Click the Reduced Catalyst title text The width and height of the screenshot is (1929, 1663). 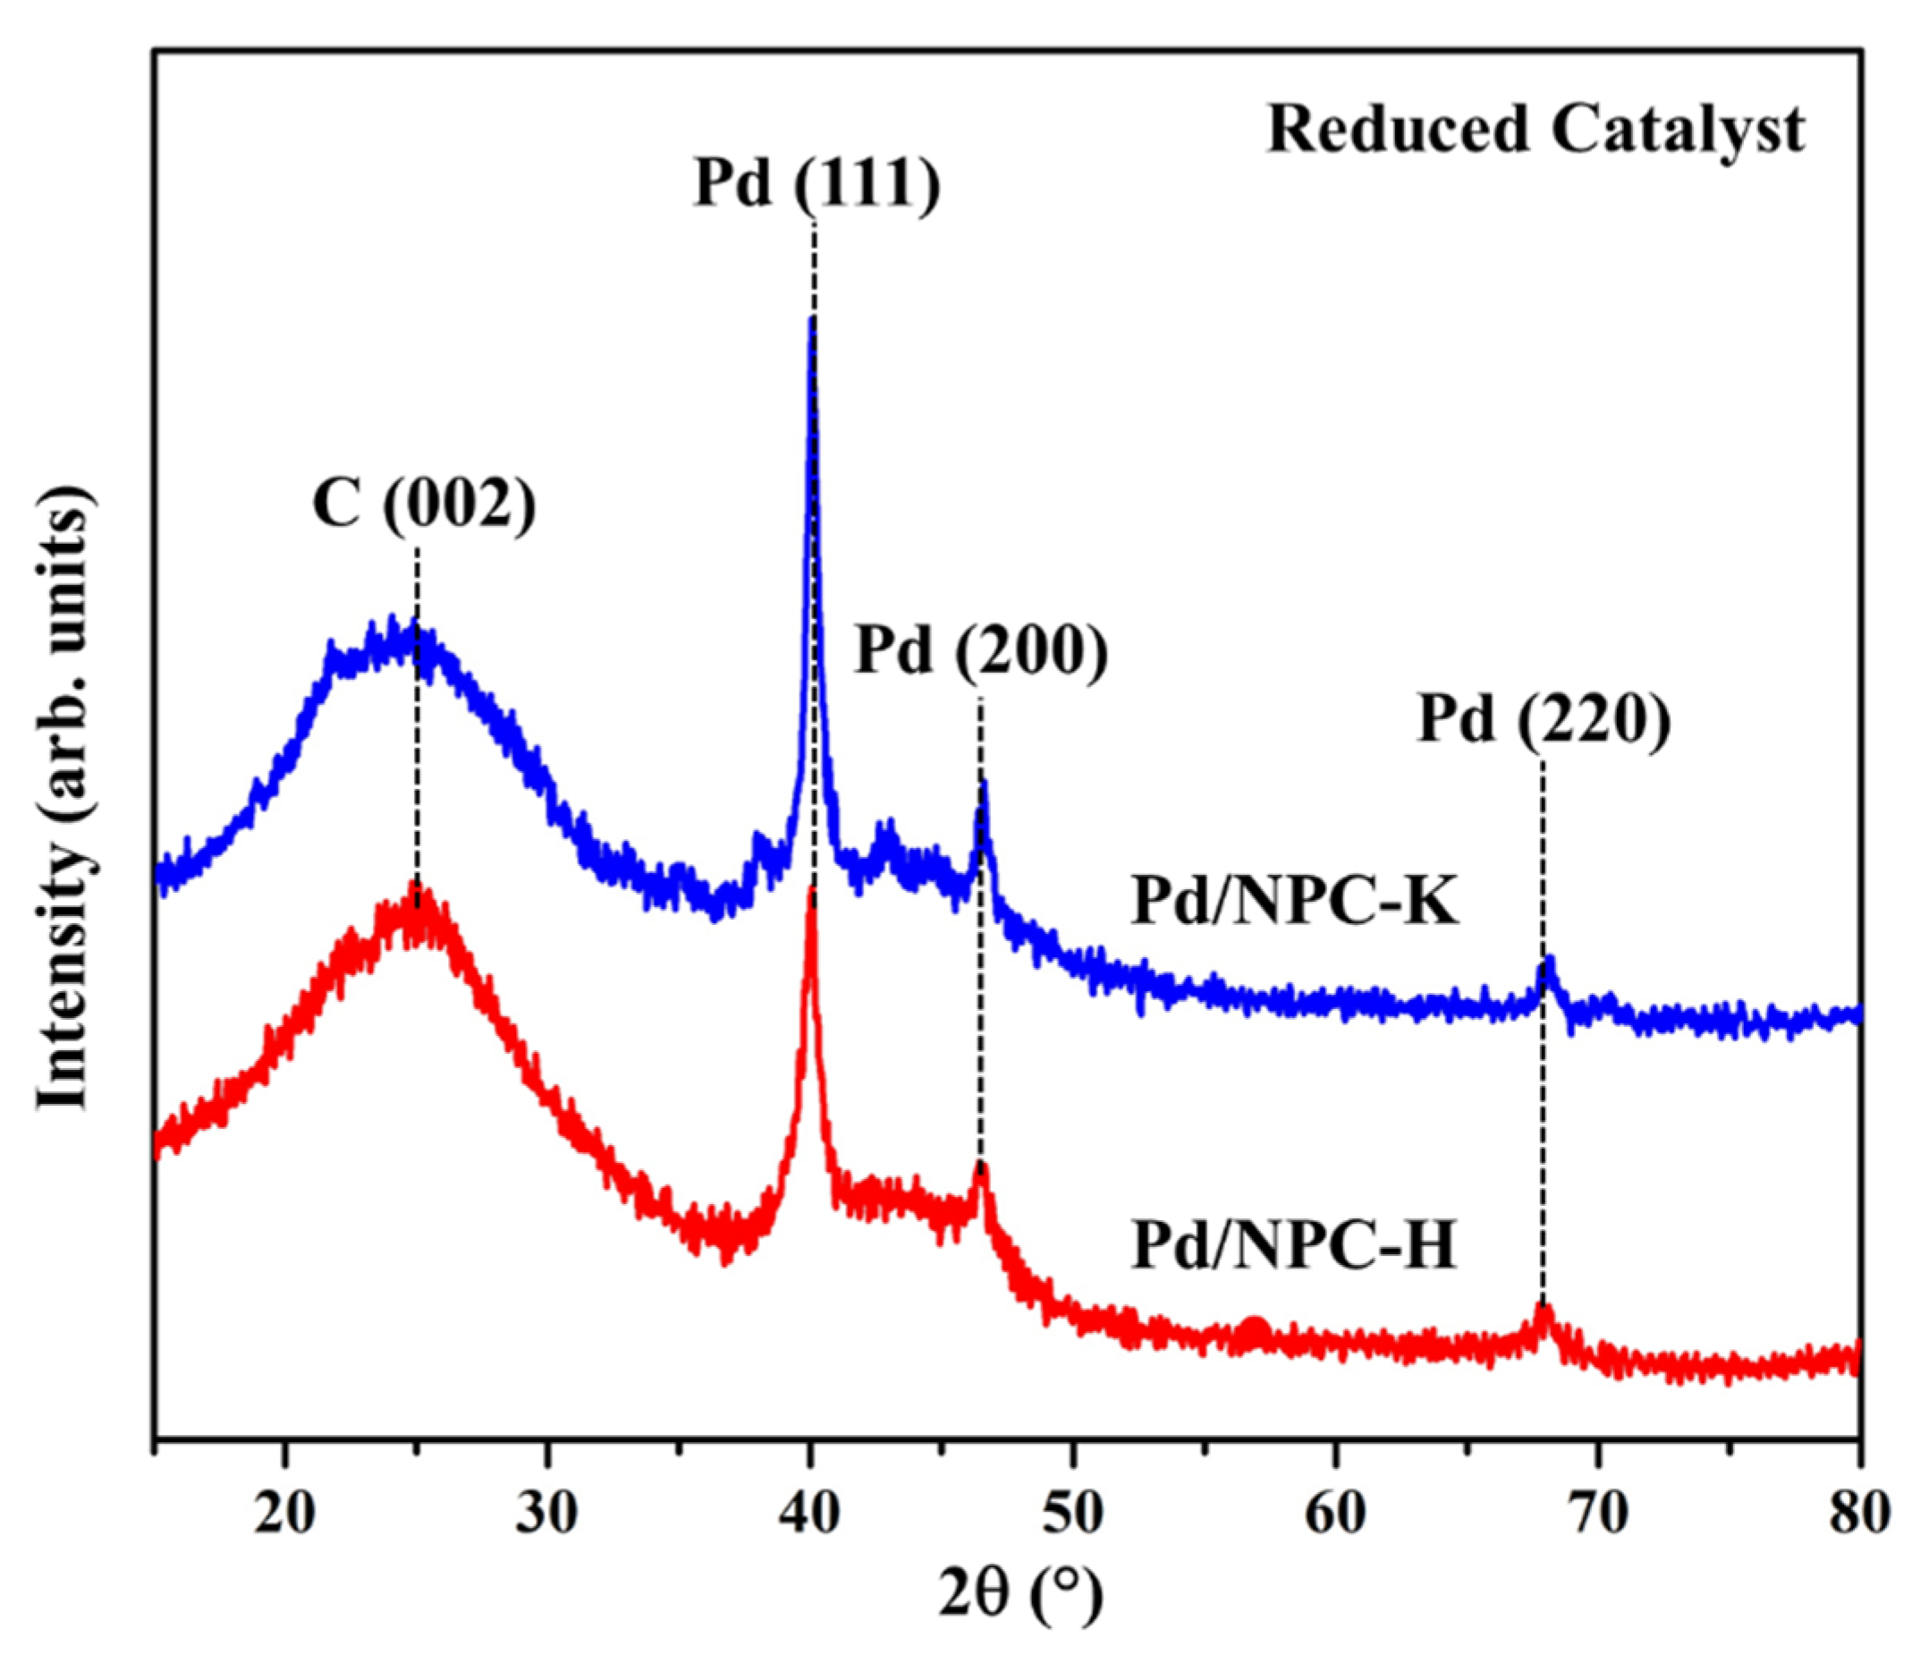click(1536, 129)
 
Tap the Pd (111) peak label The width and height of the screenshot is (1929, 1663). click(817, 183)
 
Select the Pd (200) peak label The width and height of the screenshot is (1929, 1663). click(981, 651)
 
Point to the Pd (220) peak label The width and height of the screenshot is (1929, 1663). click(1544, 721)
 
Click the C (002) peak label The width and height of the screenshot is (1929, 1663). click(425, 507)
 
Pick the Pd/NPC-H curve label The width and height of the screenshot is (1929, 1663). click(1294, 1247)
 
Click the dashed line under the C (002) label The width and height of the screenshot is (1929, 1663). click(417, 708)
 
